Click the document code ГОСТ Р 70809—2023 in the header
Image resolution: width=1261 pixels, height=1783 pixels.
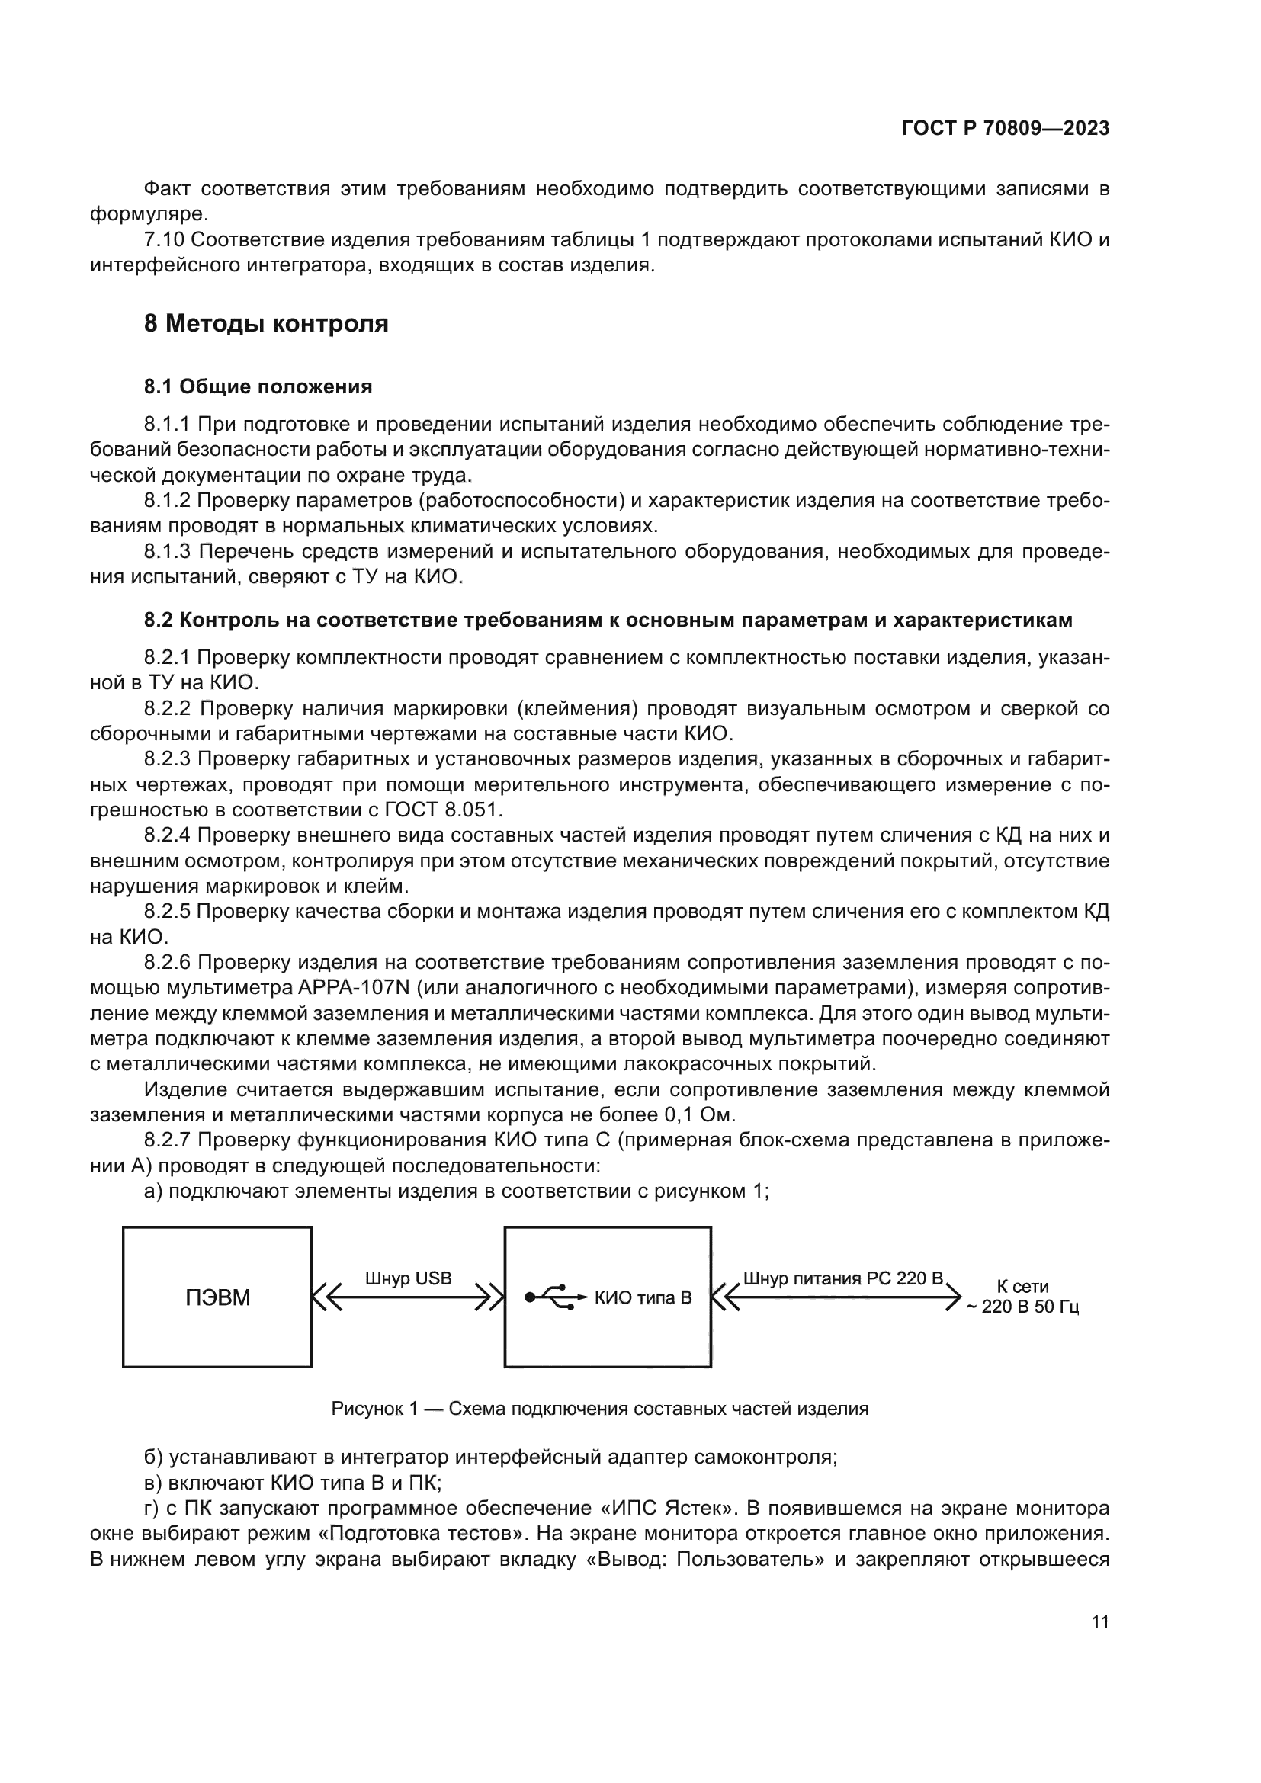(1006, 129)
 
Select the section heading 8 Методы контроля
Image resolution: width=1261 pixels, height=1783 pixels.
(265, 323)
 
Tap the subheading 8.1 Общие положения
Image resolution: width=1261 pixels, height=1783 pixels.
(258, 386)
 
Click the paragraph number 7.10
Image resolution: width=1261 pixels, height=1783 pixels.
(164, 240)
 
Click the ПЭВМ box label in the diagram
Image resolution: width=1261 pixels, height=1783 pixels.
(217, 1298)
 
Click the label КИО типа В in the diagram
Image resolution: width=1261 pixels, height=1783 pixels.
(643, 1297)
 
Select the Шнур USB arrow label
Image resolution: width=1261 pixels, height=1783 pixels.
(409, 1278)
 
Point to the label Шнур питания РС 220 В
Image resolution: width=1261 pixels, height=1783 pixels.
(842, 1278)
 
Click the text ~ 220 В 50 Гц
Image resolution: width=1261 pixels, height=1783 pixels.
(1022, 1307)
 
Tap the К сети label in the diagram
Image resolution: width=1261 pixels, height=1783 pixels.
(1022, 1287)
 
